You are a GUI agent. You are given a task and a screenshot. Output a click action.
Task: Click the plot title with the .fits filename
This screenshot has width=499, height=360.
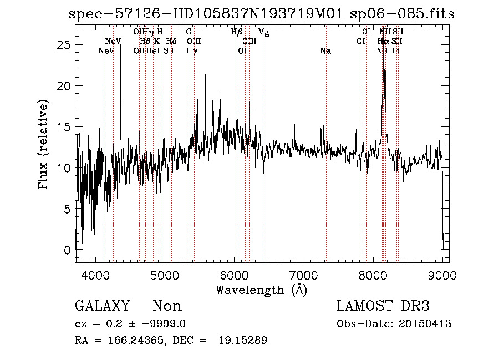point(261,14)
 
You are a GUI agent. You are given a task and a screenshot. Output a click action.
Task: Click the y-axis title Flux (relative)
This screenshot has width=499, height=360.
point(43,144)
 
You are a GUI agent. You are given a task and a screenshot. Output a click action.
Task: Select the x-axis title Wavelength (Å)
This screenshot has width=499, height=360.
point(261,289)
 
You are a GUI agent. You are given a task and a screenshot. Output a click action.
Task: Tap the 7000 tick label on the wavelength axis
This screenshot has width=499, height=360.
point(303,274)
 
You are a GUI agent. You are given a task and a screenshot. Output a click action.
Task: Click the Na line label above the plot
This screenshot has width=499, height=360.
point(325,51)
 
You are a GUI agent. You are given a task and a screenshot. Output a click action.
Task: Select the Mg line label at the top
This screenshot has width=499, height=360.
point(263,32)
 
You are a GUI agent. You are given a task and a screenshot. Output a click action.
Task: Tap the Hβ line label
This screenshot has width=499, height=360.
point(237,32)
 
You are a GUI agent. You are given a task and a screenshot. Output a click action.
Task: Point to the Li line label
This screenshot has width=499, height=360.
point(395,51)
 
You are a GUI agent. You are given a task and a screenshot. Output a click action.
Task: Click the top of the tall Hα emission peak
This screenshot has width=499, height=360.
point(384,70)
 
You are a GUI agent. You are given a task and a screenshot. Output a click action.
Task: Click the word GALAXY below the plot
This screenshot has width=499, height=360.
point(102,306)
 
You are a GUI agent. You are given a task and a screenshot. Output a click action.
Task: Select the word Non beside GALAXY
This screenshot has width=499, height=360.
point(167,306)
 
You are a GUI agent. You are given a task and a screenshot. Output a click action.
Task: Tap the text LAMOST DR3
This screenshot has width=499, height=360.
point(383,306)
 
